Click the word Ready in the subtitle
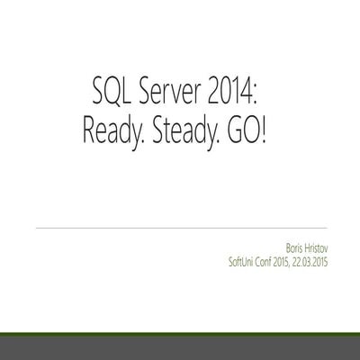pyautogui.click(x=115, y=133)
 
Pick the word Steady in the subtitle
pyautogui.click(x=187, y=133)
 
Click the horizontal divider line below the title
pyautogui.click(x=180, y=229)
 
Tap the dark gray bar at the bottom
pyautogui.click(x=180, y=348)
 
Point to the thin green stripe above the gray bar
pyautogui.click(x=180, y=334)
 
